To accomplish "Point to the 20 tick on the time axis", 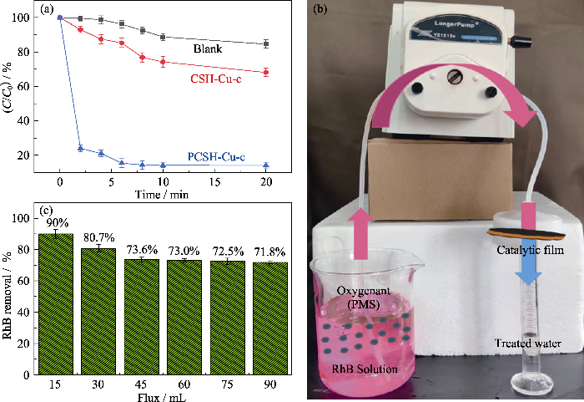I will (266, 181).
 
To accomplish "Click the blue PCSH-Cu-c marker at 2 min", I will (80, 148).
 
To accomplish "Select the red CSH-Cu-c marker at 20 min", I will (266, 72).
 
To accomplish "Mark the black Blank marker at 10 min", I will (163, 37).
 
